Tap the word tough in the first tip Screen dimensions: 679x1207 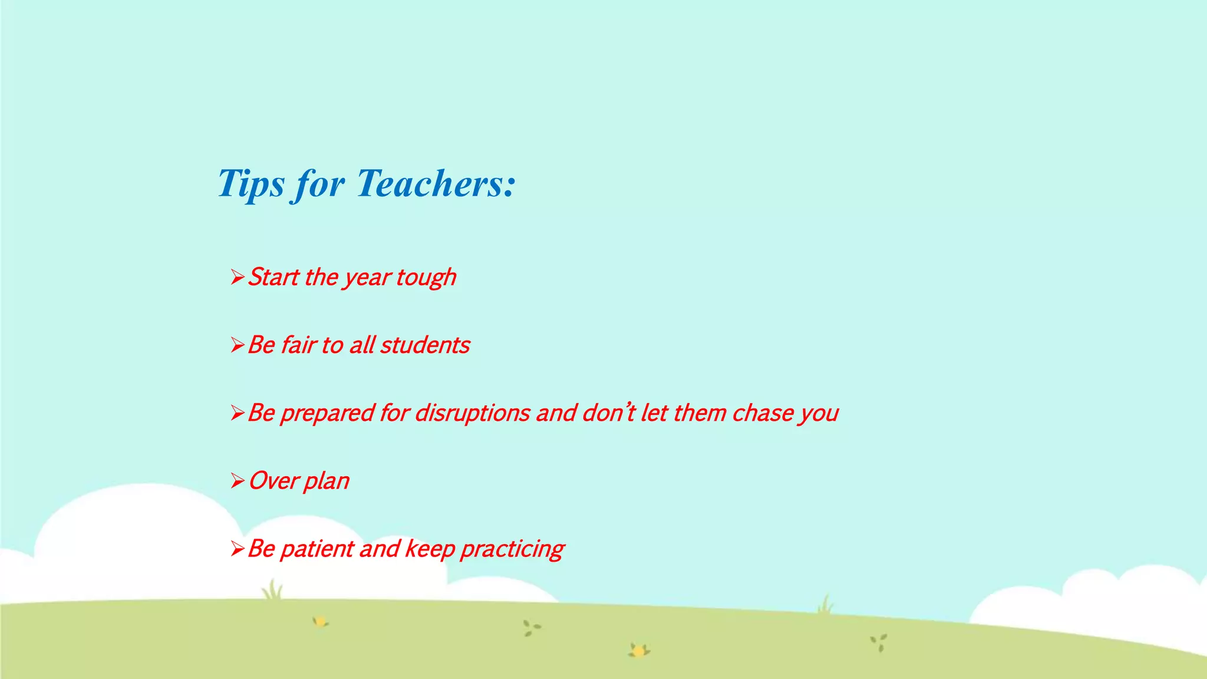point(426,278)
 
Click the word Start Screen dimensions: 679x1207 point(273,277)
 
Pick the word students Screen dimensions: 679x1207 point(425,345)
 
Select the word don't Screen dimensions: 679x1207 point(609,413)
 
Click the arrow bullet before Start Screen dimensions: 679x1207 point(237,276)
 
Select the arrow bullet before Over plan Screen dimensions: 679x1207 point(237,481)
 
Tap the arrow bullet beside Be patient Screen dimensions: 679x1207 point(237,549)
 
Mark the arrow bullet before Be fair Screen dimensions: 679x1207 point(237,345)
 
